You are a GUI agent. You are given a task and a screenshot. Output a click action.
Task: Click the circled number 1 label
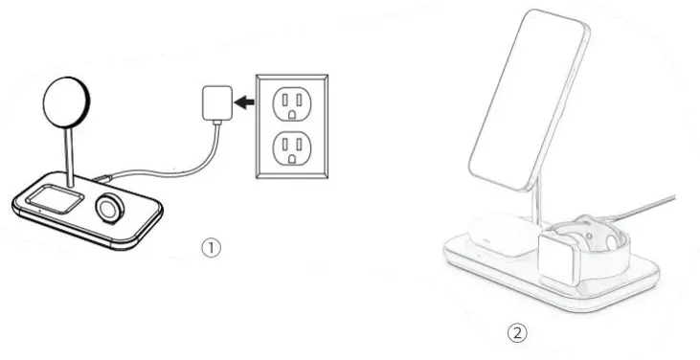(211, 247)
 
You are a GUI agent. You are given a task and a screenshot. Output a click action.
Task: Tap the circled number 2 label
(516, 333)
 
